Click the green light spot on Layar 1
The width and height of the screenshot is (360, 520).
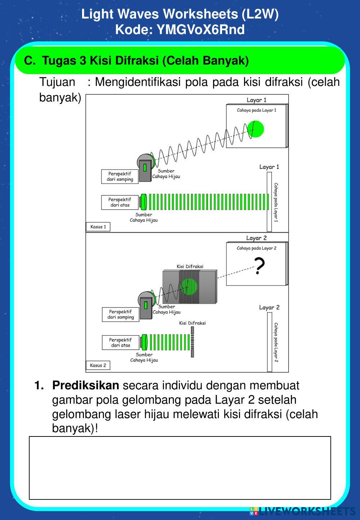pyautogui.click(x=256, y=129)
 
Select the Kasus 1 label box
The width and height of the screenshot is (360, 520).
pyautogui.click(x=98, y=227)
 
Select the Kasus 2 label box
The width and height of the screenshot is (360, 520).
pyautogui.click(x=98, y=365)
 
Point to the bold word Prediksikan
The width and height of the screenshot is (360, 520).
pyautogui.click(x=85, y=385)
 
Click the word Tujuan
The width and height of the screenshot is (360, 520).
pyautogui.click(x=58, y=82)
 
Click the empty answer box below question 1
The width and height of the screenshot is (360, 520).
pyautogui.click(x=180, y=468)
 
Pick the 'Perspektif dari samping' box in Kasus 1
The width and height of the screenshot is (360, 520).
pyautogui.click(x=120, y=176)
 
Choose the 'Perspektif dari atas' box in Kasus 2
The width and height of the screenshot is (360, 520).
pyautogui.click(x=120, y=342)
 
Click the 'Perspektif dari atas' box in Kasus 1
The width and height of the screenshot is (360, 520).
pyautogui.click(x=120, y=202)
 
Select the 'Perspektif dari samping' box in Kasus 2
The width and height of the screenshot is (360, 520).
pyautogui.click(x=121, y=314)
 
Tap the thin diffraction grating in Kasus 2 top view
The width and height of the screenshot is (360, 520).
pyautogui.click(x=193, y=342)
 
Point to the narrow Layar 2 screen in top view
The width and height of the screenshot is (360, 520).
pyautogui.click(x=269, y=342)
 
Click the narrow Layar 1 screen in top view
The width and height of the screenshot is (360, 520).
pyautogui.click(x=269, y=202)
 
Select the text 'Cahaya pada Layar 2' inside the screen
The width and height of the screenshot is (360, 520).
pyautogui.click(x=256, y=248)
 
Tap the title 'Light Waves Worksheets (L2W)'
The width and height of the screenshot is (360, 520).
pyautogui.click(x=180, y=14)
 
